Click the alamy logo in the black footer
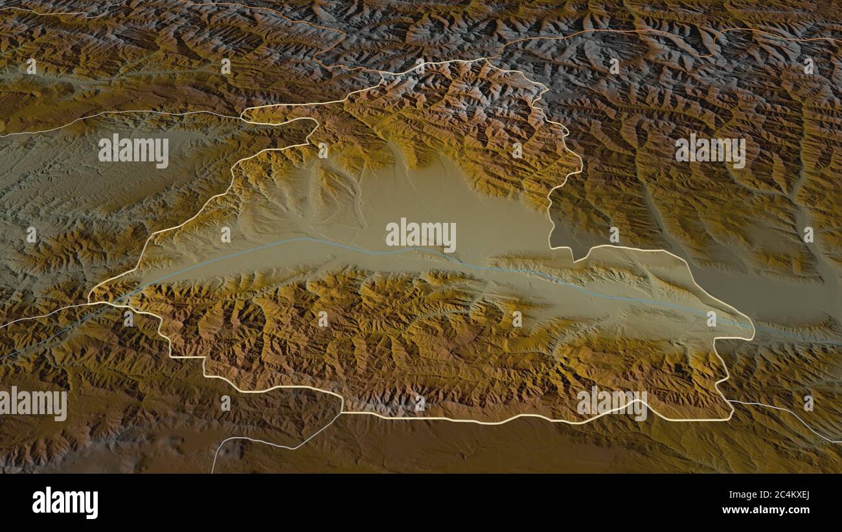click(x=65, y=503)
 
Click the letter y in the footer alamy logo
click(x=92, y=505)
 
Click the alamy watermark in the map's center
click(x=421, y=235)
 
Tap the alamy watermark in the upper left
click(x=133, y=151)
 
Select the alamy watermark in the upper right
click(x=710, y=151)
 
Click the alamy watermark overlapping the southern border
click(x=611, y=403)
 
